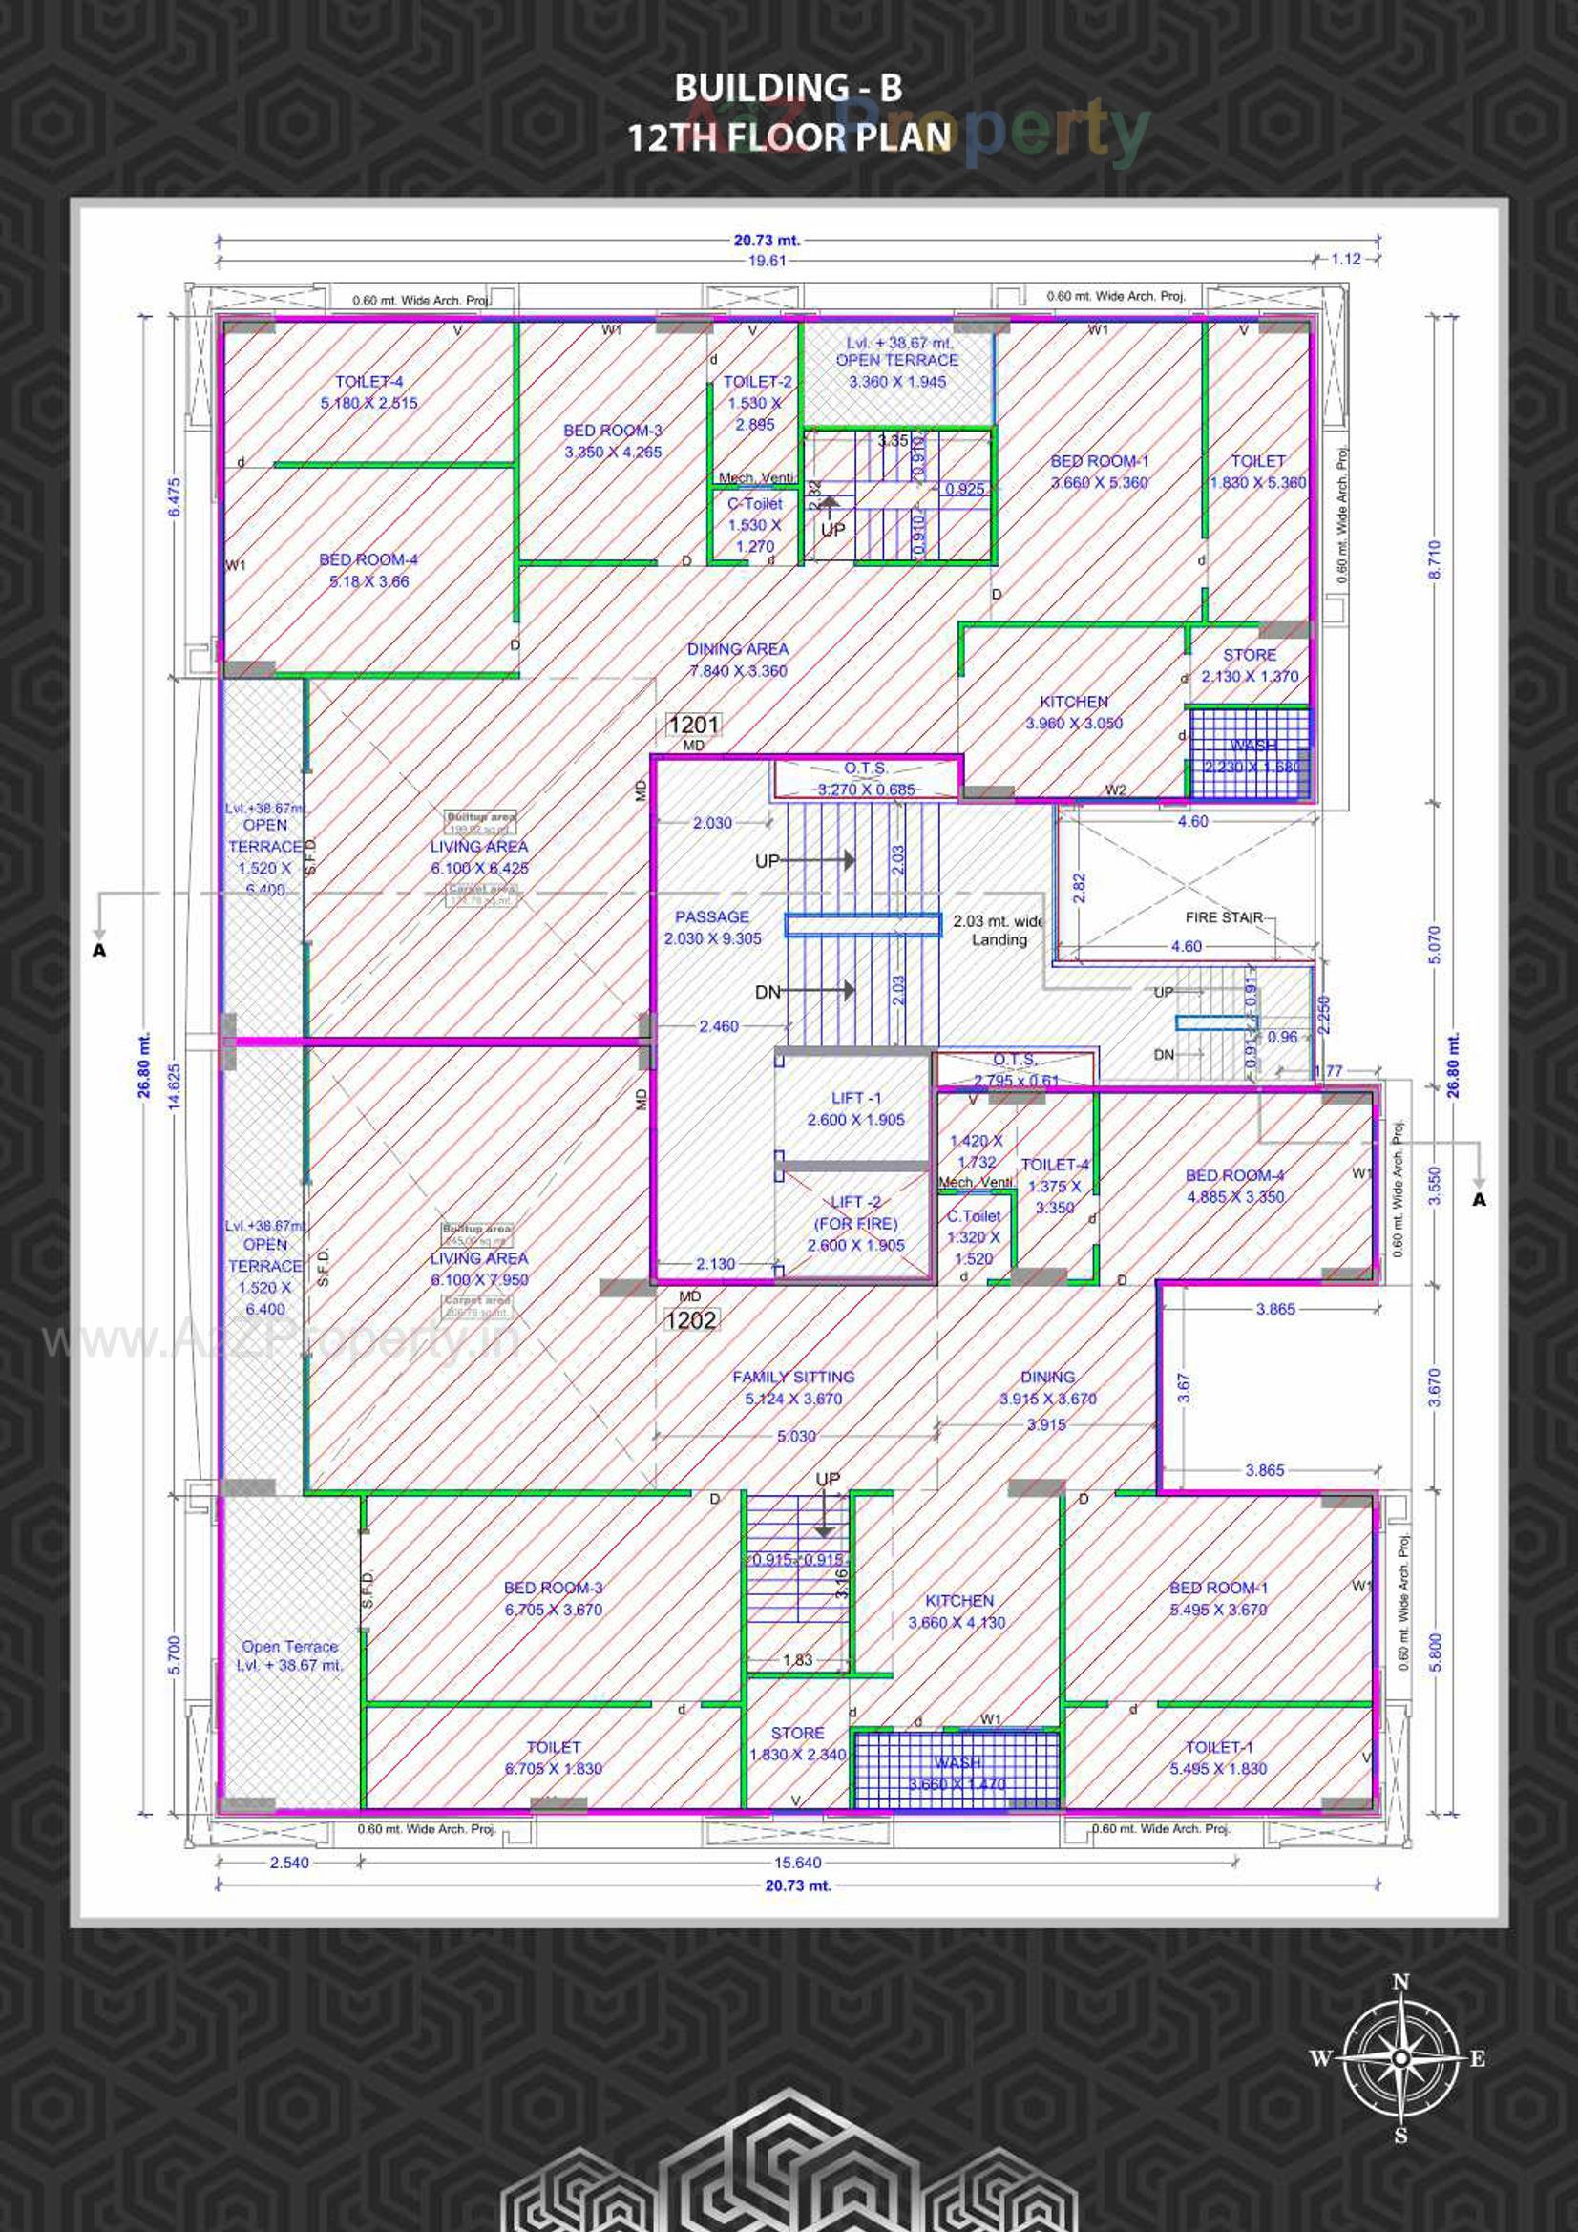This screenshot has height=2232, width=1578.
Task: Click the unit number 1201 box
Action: (693, 725)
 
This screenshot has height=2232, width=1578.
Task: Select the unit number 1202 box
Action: (690, 1319)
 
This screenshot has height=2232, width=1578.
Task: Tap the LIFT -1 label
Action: (855, 1108)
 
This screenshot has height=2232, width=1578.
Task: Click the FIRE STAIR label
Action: (1223, 916)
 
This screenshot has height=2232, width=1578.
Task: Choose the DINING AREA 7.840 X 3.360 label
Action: (737, 659)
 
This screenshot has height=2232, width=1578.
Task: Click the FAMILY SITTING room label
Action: (793, 1387)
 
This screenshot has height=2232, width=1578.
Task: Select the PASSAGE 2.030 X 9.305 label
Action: (712, 927)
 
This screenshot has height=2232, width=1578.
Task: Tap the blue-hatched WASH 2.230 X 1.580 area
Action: (1251, 754)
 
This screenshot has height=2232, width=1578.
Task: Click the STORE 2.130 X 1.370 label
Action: (1250, 665)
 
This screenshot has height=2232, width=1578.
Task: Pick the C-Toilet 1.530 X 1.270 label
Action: (754, 524)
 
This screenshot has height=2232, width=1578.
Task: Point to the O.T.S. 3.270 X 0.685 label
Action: (865, 779)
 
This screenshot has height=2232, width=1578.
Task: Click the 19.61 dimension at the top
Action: (767, 261)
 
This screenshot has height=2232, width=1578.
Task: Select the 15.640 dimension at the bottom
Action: (797, 1863)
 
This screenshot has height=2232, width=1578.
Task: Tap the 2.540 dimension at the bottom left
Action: (288, 1863)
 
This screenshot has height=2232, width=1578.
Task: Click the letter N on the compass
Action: (1400, 1982)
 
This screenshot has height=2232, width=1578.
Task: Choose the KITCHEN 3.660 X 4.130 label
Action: (957, 1611)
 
